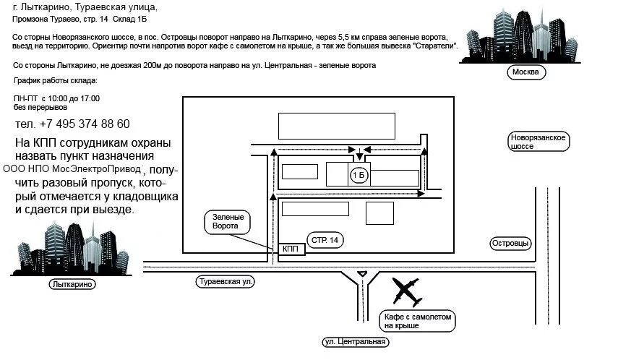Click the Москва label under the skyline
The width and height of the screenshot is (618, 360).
pos(525,72)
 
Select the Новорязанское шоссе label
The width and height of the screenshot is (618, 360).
pos(538,141)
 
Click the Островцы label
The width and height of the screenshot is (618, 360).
pos(510,244)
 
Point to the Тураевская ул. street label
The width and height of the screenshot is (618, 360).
pos(226,282)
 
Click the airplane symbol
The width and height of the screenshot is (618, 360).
pos(405,291)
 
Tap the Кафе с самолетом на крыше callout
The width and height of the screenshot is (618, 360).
pos(418,321)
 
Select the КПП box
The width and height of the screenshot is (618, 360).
pos(291,249)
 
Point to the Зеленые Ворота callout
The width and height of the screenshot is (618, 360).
pos(228,221)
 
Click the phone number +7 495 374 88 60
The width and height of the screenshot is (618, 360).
pos(72,124)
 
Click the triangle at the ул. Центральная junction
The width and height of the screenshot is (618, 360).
pos(362,273)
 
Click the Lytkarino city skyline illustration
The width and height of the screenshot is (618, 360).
pos(71,249)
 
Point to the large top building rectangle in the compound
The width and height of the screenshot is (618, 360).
pos(337,126)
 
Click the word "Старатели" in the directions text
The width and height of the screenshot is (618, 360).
pos(434,46)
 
